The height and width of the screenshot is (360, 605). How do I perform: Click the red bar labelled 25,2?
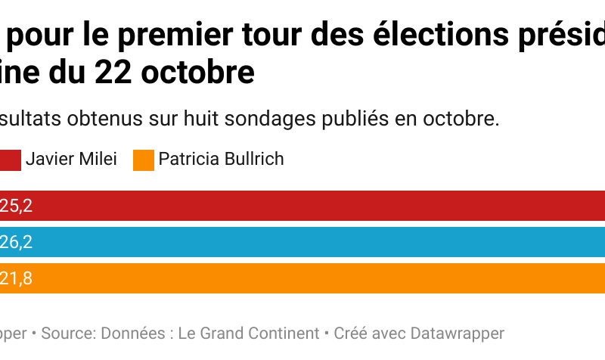pyautogui.click(x=302, y=205)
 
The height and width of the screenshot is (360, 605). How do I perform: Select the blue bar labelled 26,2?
pyautogui.click(x=302, y=242)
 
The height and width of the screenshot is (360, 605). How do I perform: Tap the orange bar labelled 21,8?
pyautogui.click(x=302, y=278)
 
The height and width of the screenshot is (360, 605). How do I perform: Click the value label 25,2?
pyautogui.click(x=16, y=205)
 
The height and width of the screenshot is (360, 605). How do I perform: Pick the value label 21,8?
pyautogui.click(x=16, y=278)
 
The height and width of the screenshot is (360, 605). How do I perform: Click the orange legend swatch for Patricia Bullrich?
pyautogui.click(x=143, y=160)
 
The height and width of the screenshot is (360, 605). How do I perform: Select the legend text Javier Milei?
pyautogui.click(x=71, y=160)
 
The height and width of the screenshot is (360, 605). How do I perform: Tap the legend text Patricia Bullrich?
pyautogui.click(x=222, y=160)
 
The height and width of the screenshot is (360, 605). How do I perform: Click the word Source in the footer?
pyautogui.click(x=67, y=333)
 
